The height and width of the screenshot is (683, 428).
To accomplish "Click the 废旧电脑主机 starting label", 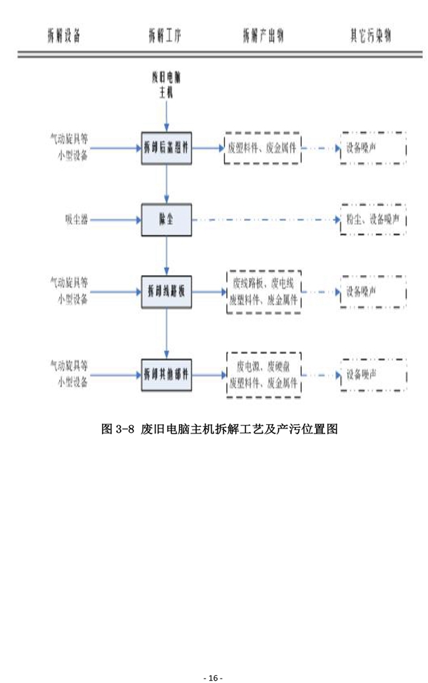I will point(166,85).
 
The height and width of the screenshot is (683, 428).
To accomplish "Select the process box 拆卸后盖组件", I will point(166,148).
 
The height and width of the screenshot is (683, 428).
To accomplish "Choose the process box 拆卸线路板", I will point(166,291).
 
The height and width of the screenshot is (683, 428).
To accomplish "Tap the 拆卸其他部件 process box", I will point(166,373).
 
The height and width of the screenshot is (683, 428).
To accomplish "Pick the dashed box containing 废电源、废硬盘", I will point(262,373).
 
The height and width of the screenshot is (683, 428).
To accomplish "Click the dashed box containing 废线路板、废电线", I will point(263,292).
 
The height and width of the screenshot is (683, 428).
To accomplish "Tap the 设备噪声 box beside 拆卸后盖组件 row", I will point(373,148).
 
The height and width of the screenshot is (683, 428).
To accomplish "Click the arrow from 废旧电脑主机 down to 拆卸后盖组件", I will point(166,114).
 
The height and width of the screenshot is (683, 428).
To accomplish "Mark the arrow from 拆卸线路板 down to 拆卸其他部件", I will point(166,332).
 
